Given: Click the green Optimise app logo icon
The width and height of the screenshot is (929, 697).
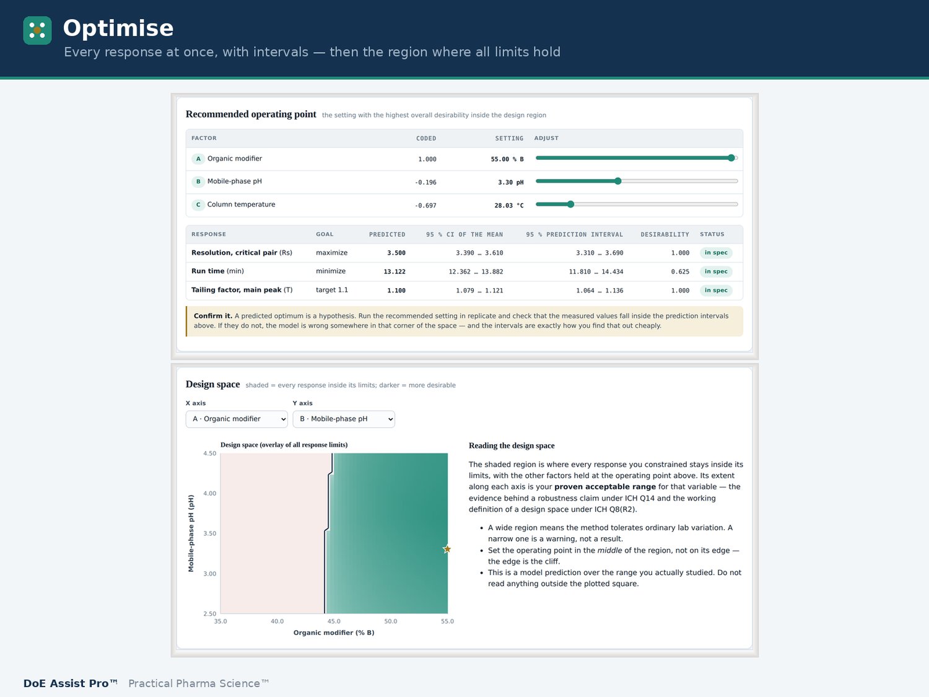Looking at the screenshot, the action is click(x=37, y=30).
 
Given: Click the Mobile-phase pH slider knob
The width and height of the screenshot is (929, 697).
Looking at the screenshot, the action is click(x=618, y=181).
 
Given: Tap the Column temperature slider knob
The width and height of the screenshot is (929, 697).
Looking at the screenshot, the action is click(x=570, y=204).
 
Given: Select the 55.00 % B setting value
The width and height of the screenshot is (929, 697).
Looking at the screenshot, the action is click(x=507, y=159).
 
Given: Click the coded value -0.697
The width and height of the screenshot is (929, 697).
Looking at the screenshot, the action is click(x=425, y=206).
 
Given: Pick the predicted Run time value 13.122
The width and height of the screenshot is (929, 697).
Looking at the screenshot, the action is click(x=395, y=272).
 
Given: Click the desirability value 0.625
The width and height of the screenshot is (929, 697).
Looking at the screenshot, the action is click(x=679, y=272).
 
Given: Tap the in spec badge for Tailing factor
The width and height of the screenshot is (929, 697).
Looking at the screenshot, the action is click(x=716, y=291).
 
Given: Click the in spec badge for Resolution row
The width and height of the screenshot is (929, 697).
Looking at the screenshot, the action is click(x=716, y=253).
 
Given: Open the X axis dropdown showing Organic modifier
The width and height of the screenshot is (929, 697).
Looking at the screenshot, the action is click(x=237, y=419).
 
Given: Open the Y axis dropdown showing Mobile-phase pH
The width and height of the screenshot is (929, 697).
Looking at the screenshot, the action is click(x=344, y=419).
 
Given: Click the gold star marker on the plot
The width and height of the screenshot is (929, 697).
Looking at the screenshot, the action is click(x=447, y=549).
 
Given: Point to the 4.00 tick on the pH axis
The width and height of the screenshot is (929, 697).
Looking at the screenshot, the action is click(x=209, y=493).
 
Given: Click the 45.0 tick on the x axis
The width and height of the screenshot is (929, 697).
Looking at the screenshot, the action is click(x=333, y=621).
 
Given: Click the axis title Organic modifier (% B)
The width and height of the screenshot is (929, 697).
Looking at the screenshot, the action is click(x=333, y=633).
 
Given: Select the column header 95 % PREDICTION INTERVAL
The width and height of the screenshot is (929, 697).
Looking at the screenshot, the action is click(x=574, y=234).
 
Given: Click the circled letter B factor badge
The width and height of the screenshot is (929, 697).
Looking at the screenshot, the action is click(x=198, y=182).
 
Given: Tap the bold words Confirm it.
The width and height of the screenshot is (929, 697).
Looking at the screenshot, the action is click(x=213, y=316).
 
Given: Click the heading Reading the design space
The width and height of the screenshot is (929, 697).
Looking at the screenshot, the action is click(x=512, y=445).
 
